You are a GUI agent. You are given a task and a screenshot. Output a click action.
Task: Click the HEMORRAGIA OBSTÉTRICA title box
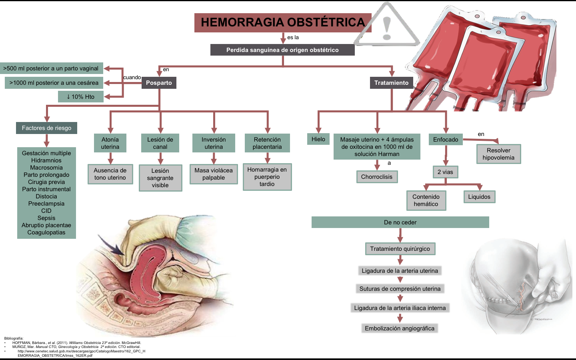coord(282,22)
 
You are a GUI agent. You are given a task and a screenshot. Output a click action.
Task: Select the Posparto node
coord(159,83)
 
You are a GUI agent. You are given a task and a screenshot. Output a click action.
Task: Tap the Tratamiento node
coord(391,83)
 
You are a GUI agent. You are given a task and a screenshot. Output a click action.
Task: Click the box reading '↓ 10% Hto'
coord(81,97)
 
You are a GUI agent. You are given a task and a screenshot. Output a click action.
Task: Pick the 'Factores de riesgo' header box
coord(46,128)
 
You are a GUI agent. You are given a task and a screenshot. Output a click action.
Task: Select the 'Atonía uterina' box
coord(110,143)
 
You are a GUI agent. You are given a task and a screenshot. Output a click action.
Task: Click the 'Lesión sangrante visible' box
coord(160,178)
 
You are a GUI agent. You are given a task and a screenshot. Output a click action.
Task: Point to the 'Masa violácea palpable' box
coord(214,174)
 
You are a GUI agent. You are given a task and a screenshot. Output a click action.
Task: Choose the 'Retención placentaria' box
coord(267,143)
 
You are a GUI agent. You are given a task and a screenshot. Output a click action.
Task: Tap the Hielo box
coord(318,139)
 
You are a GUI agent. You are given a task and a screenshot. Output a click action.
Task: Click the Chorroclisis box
coord(377,177)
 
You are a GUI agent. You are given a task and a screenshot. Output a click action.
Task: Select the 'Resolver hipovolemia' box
coord(498,154)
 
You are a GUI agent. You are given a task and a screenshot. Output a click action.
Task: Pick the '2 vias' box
coord(445,172)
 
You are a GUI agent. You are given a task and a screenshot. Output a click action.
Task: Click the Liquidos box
coord(479,197)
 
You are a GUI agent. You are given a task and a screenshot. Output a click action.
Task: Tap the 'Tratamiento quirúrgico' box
coord(400,249)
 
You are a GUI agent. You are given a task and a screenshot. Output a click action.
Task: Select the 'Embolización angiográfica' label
coord(400,328)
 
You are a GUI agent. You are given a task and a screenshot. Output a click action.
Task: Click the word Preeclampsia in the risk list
coord(46,204)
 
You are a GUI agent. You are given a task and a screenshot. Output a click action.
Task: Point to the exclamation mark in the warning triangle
coord(386,28)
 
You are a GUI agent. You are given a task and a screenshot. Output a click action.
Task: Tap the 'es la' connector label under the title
coord(293,38)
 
